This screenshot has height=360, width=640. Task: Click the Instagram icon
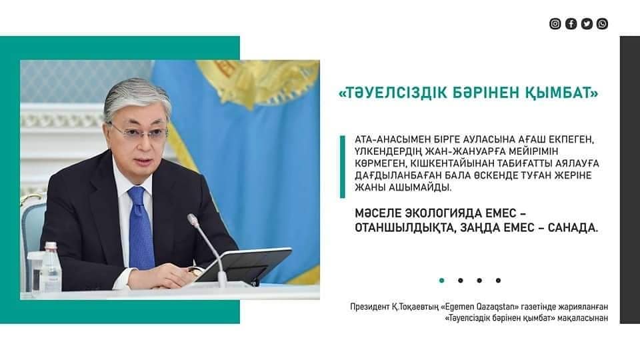pyautogui.click(x=555, y=24)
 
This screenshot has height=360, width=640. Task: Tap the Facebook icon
pyautogui.click(x=571, y=24)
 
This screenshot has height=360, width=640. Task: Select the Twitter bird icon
pyautogui.click(x=587, y=24)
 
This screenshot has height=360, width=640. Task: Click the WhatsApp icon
pyautogui.click(x=602, y=24)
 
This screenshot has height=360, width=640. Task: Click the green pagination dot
pyautogui.click(x=441, y=281)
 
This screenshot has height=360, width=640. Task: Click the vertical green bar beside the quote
pyautogui.click(x=343, y=167)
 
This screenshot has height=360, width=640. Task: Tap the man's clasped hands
pyautogui.click(x=163, y=276)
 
